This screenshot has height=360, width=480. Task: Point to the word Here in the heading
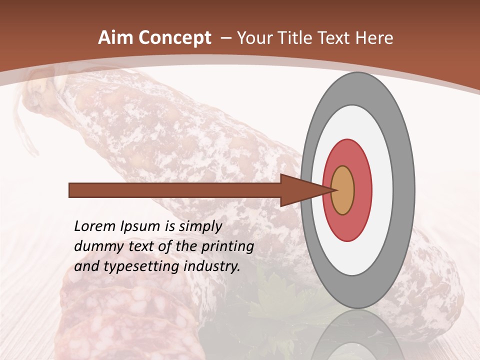(374, 38)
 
